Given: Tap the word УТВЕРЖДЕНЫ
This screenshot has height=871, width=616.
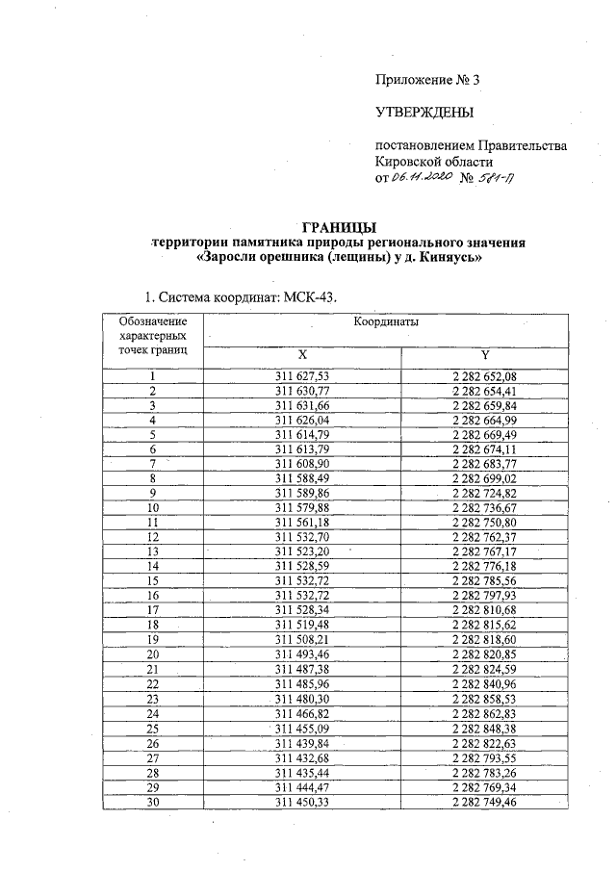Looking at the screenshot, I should click(x=424, y=114).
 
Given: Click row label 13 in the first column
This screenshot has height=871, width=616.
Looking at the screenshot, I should click(x=152, y=551).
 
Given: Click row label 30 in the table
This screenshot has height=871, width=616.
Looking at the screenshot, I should click(x=152, y=802).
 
